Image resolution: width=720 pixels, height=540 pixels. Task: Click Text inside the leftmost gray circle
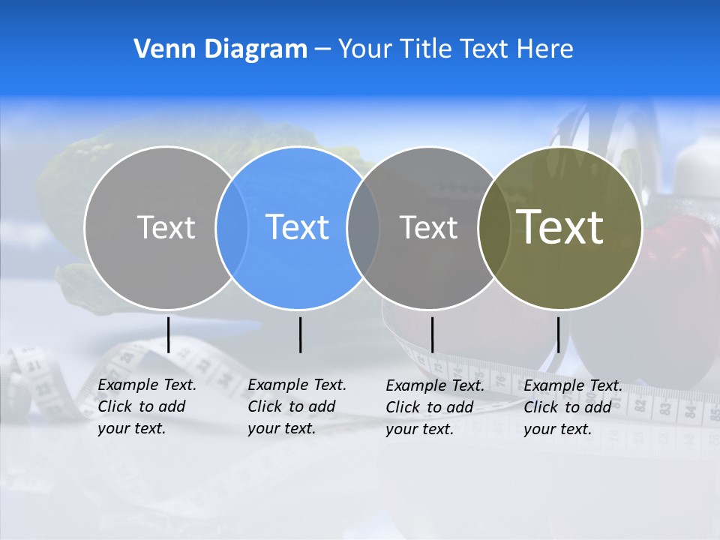(166, 227)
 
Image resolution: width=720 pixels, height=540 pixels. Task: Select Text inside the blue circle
(298, 227)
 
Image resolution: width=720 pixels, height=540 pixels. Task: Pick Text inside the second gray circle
(429, 227)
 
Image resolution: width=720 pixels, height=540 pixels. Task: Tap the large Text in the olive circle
(560, 227)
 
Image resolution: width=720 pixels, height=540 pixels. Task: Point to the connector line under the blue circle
(300, 334)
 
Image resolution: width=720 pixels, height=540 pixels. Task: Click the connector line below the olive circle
(558, 334)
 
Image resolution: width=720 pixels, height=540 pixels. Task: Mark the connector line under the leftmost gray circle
(169, 334)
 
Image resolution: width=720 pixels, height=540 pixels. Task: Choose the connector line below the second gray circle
(432, 334)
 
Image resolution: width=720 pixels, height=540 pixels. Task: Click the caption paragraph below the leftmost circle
(147, 406)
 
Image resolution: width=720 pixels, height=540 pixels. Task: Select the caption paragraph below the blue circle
(297, 406)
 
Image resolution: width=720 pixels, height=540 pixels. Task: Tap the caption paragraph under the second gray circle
(435, 407)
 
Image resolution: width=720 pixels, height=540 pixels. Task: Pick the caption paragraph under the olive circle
(573, 407)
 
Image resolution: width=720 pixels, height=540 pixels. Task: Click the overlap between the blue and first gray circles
(232, 227)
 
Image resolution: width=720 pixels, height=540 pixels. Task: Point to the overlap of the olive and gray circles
(495, 227)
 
